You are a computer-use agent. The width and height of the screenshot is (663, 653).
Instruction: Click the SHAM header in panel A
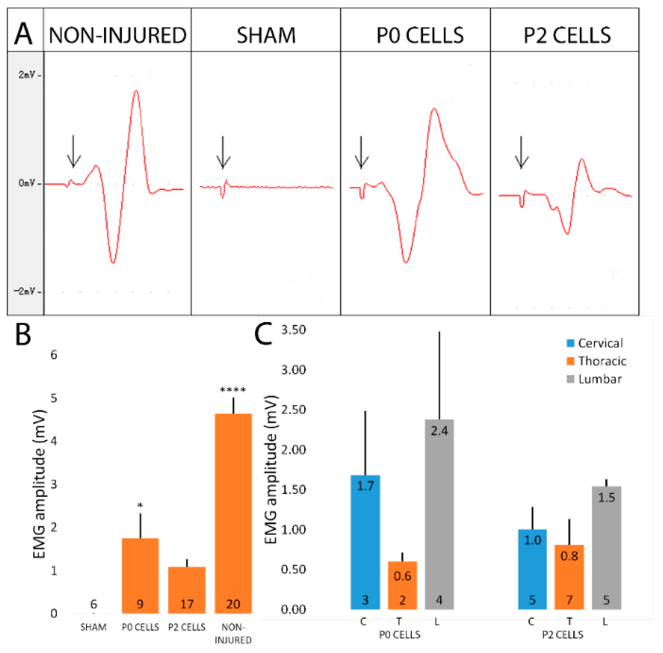266,35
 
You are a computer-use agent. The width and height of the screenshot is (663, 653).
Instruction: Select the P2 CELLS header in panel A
567,35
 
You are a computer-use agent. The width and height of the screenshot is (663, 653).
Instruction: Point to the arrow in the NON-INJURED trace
73,151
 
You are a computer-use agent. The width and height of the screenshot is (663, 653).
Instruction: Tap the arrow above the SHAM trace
223,152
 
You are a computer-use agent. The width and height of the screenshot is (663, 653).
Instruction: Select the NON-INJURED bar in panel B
233,514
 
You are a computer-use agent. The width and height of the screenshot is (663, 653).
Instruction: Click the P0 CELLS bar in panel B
140,576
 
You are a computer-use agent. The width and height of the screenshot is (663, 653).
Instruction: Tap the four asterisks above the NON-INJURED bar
233,390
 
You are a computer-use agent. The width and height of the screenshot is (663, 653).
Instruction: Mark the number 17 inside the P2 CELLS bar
187,604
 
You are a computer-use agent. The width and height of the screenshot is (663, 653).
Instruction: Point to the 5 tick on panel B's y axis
54,398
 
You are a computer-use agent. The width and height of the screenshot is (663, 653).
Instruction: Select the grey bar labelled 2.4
439,514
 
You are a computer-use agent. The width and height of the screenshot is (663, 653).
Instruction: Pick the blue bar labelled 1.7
365,542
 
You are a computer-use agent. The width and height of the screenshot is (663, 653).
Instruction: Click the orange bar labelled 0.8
569,580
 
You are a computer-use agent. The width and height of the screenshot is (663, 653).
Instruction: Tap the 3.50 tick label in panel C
293,330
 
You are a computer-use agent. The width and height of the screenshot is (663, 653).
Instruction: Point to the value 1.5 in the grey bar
606,498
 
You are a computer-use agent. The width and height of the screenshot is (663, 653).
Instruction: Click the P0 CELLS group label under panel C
400,634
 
